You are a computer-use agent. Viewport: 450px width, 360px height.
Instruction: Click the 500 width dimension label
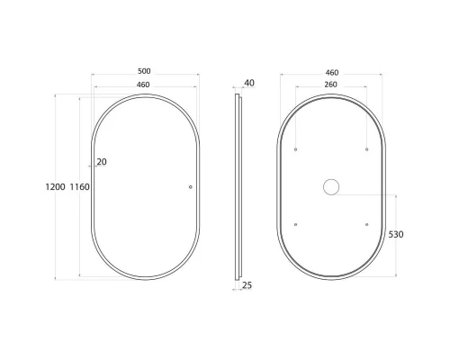(144, 71)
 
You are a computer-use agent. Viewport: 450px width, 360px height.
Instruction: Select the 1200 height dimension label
(55, 187)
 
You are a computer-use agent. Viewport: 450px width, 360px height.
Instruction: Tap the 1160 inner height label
(79, 187)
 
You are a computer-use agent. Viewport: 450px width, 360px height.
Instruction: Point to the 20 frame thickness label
(102, 162)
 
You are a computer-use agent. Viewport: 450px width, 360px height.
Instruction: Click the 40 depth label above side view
(249, 83)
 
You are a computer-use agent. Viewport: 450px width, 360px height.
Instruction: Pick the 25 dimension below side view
(247, 285)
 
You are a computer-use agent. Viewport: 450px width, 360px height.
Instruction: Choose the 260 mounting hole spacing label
(330, 85)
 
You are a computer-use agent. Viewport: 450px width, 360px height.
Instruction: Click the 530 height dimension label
(396, 234)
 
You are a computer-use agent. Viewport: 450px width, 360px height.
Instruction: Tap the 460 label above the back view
(332, 73)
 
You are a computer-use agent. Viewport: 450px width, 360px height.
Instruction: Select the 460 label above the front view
(143, 85)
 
